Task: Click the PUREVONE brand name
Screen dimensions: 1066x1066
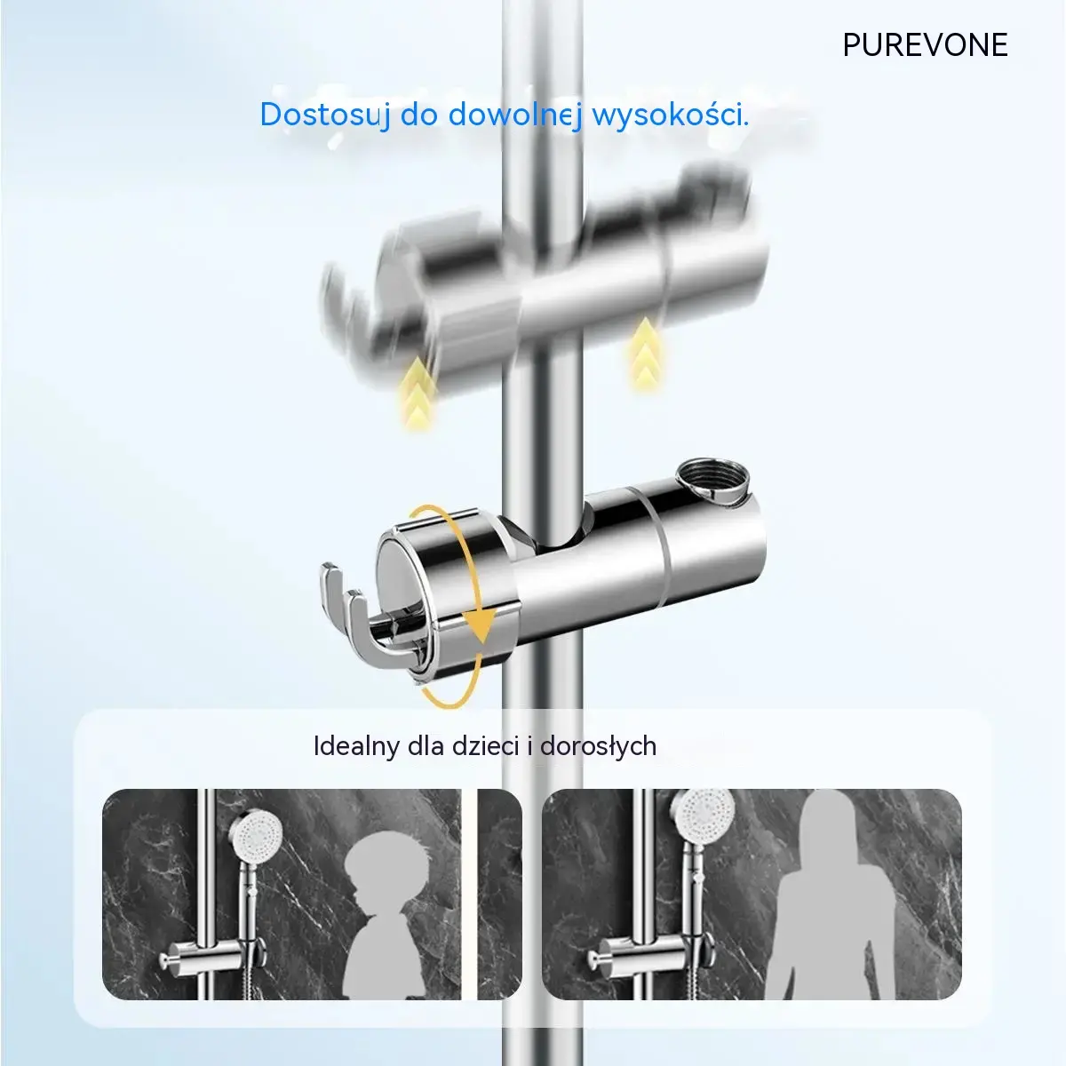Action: (x=925, y=44)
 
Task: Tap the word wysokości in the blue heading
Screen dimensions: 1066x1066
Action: (x=671, y=115)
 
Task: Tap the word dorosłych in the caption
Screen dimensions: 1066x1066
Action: (x=598, y=747)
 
